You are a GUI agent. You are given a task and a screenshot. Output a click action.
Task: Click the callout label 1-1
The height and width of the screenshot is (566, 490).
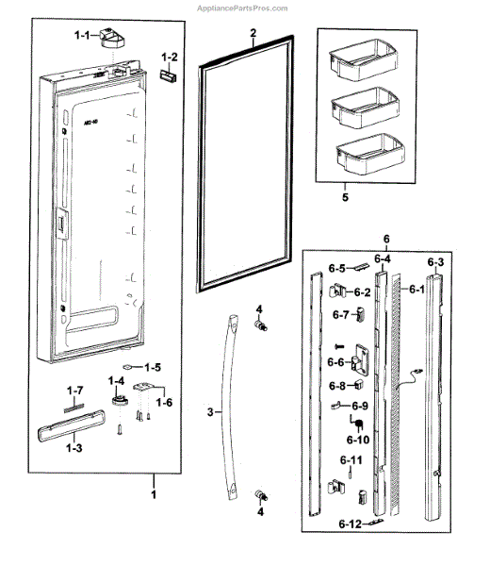coord(82,36)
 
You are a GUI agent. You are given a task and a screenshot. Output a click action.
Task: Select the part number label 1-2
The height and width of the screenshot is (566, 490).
coord(169,57)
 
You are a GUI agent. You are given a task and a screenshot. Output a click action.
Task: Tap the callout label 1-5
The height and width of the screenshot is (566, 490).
coord(153,366)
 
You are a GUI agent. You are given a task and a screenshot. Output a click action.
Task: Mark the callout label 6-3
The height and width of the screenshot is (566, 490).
coord(436,261)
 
